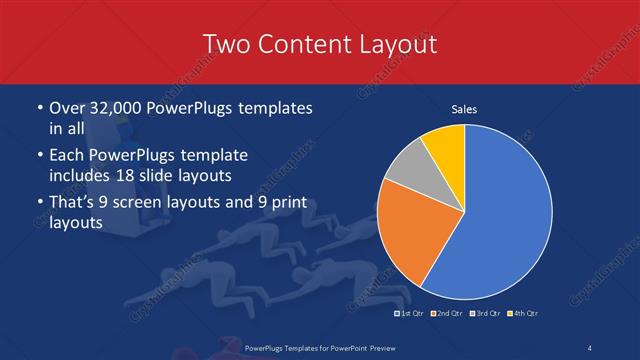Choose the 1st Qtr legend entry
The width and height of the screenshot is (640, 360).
(412, 314)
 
